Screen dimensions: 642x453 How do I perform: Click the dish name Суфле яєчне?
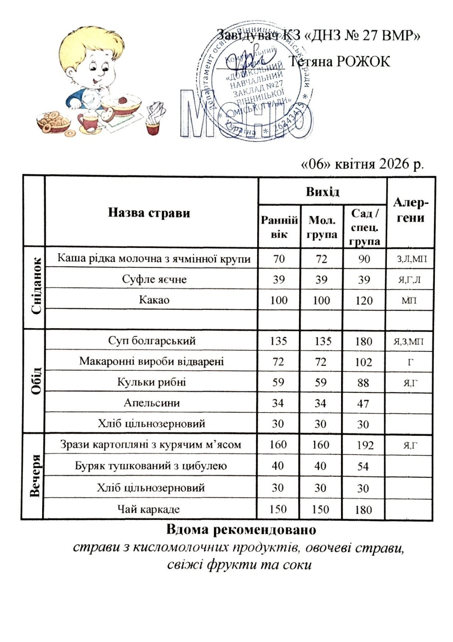[154, 279]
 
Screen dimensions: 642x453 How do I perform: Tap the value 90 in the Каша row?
[364, 259]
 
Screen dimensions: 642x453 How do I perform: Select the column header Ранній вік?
[279, 227]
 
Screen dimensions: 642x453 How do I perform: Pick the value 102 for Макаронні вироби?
[364, 362]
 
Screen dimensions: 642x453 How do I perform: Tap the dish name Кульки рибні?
[151, 382]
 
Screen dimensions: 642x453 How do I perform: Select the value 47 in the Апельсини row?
[363, 404]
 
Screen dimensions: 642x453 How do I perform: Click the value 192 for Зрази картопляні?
[365, 445]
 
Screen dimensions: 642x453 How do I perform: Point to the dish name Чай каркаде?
[148, 509]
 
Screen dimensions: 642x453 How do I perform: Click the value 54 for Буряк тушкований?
[363, 466]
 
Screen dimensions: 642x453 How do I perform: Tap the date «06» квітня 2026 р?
[362, 164]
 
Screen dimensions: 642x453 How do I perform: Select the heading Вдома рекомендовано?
[241, 530]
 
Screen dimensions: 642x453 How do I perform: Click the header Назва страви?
[149, 213]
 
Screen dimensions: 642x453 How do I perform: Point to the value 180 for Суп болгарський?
[364, 341]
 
